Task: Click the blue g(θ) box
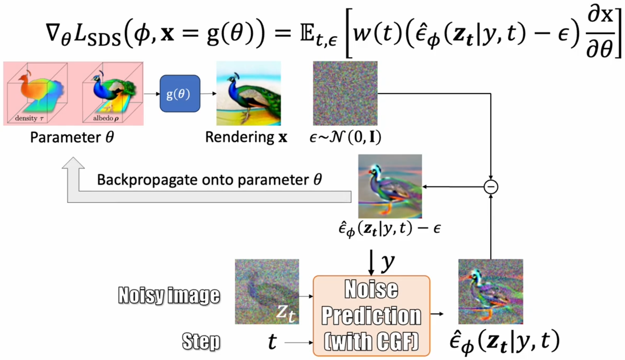pyautogui.click(x=180, y=94)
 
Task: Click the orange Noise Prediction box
pyautogui.click(x=371, y=315)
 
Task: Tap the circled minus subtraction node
pyautogui.click(x=491, y=187)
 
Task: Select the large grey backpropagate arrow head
pyautogui.click(x=73, y=163)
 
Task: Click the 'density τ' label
pyautogui.click(x=29, y=118)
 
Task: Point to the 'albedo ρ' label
pyautogui.click(x=106, y=118)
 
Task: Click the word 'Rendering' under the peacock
pyautogui.click(x=239, y=137)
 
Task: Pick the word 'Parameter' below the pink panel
pyautogui.click(x=65, y=137)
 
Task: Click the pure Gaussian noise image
pyautogui.click(x=345, y=93)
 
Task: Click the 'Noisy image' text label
pyautogui.click(x=169, y=295)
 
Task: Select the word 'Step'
pyautogui.click(x=201, y=341)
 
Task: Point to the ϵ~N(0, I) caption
pyautogui.click(x=345, y=137)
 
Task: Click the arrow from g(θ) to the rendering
pyautogui.click(x=208, y=94)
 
